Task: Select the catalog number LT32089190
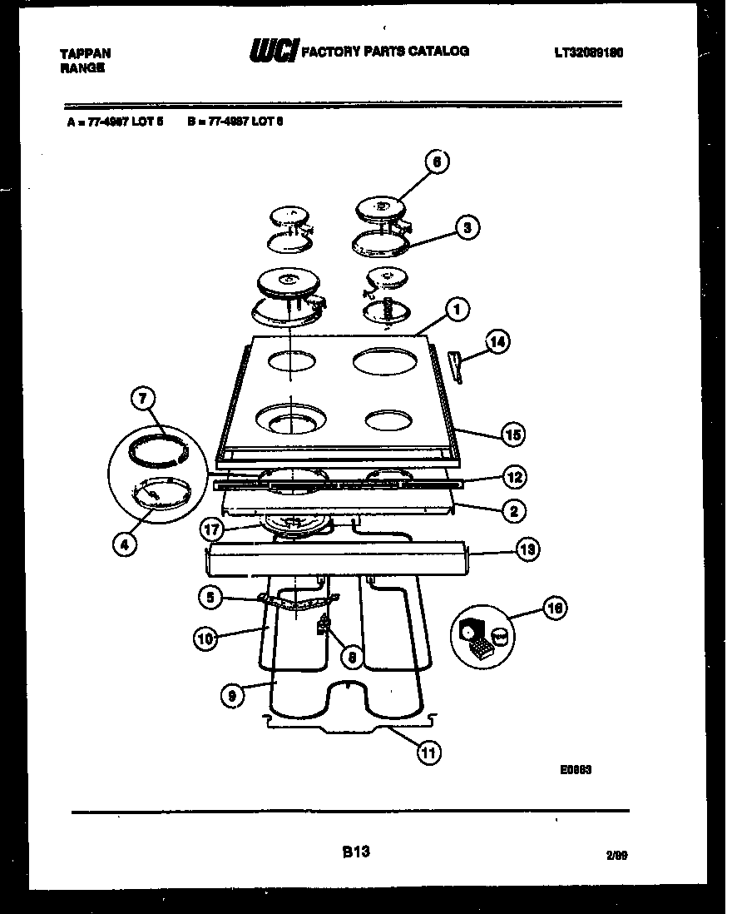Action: [589, 52]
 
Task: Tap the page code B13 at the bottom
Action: [355, 852]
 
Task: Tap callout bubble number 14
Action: [497, 340]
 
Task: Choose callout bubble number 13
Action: [527, 549]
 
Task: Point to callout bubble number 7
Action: [143, 400]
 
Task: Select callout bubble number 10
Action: [205, 638]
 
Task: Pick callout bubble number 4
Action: [124, 545]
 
